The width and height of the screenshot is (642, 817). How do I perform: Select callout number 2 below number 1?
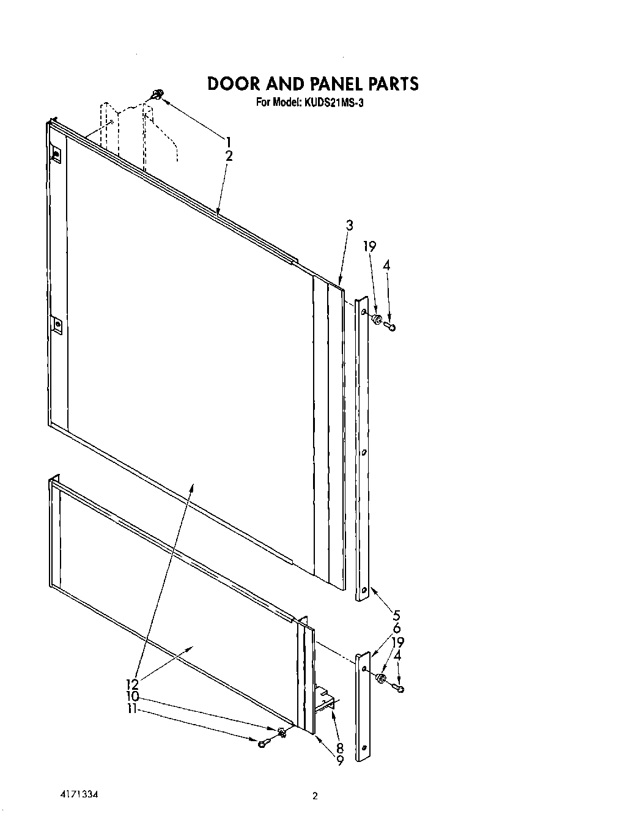tap(229, 156)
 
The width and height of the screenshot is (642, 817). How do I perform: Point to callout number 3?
tap(349, 225)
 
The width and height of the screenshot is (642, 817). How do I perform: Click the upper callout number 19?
tap(369, 246)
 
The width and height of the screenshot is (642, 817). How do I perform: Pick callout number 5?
tap(396, 615)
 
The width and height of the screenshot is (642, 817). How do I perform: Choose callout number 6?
tap(396, 628)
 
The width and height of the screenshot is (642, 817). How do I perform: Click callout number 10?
tap(133, 697)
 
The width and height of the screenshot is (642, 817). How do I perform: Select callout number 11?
tap(133, 710)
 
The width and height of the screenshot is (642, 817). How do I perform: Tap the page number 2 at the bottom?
tap(315, 796)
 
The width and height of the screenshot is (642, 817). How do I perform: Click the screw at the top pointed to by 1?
tap(157, 94)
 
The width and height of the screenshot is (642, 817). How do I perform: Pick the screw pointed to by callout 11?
tap(263, 742)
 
